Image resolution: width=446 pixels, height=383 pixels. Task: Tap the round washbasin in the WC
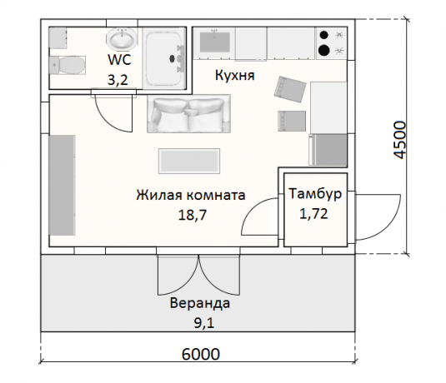click(x=122, y=39)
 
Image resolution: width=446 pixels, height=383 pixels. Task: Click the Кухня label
click(x=233, y=77)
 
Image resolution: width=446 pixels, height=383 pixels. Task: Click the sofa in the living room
click(x=189, y=115)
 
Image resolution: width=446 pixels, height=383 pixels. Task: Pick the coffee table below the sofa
click(x=189, y=160)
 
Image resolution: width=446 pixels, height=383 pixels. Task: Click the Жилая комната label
click(x=191, y=196)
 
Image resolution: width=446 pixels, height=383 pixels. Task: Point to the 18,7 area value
click(x=191, y=215)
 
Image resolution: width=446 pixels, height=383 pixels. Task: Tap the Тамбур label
click(x=316, y=193)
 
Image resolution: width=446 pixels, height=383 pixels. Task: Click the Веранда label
click(x=199, y=302)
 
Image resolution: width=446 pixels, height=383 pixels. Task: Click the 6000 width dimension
click(x=200, y=353)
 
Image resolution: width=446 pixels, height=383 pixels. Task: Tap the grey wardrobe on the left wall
click(x=63, y=187)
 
